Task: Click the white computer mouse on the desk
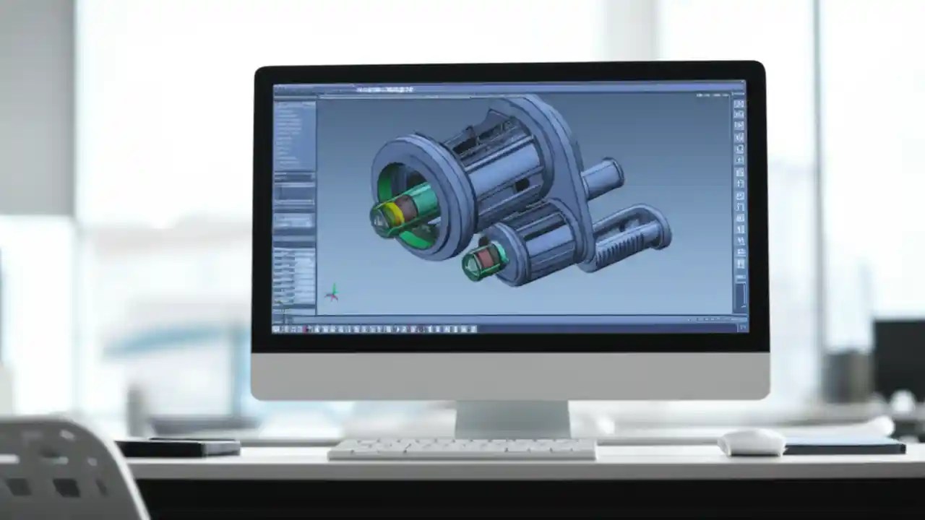coord(752,442)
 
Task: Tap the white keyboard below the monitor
coord(462,448)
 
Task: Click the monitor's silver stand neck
coord(512,418)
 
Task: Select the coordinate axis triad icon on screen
coord(332,292)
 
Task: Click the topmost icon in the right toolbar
coord(739,104)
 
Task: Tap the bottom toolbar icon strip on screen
coord(376,329)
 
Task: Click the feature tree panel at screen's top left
coord(294,134)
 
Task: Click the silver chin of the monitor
coord(509,376)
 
